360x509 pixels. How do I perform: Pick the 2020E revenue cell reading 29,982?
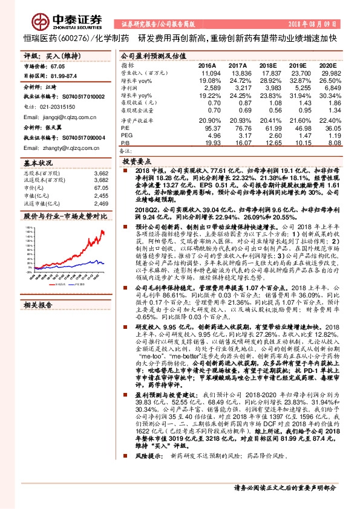click(x=326, y=73)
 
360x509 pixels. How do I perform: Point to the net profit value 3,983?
click(x=273, y=88)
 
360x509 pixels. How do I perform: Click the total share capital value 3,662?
click(x=100, y=174)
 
